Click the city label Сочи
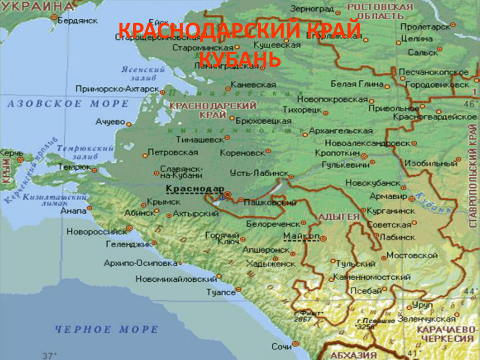[281, 346]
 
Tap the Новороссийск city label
[97, 232]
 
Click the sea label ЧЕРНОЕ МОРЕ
[106, 330]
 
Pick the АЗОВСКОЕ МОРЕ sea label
[67, 104]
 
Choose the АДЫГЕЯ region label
[338, 217]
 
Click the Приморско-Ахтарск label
[117, 89]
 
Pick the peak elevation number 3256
[366, 327]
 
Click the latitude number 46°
[469, 104]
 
